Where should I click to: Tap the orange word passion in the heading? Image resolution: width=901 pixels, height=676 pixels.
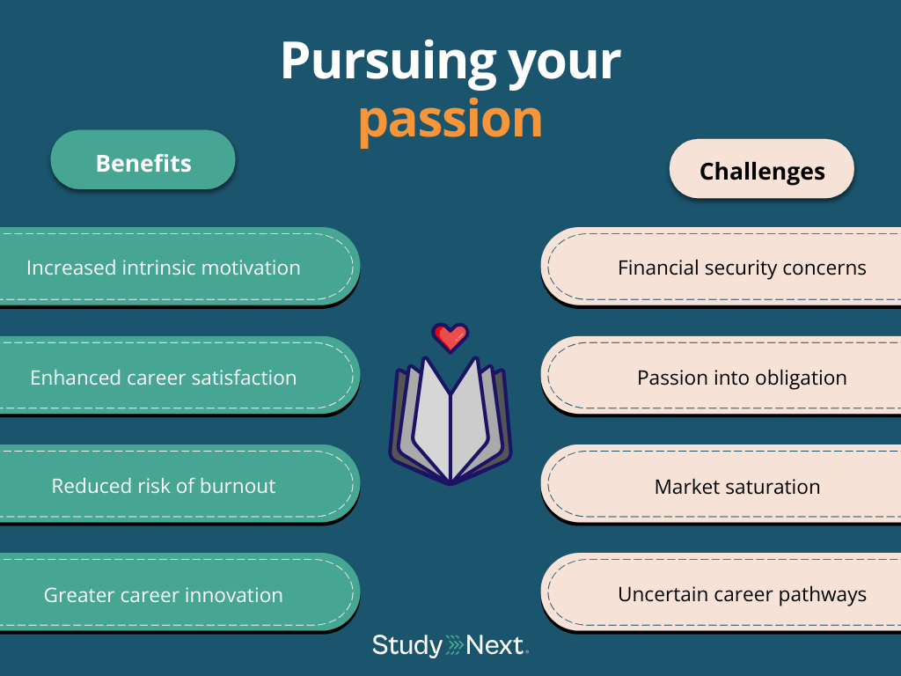click(450, 119)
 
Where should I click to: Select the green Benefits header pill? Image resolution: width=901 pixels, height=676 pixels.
click(143, 163)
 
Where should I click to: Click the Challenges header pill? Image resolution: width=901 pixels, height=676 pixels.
click(762, 171)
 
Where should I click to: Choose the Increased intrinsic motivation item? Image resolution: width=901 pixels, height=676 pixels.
click(164, 268)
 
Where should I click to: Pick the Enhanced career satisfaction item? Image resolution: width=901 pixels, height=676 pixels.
click(164, 378)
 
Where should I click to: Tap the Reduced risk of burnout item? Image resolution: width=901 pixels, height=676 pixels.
click(164, 486)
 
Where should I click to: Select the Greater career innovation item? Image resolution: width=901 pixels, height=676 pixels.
click(164, 595)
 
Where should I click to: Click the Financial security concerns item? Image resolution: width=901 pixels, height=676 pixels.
click(742, 268)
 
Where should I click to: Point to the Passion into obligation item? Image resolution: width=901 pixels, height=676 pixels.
click(742, 378)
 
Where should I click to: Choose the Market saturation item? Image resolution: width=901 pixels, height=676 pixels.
click(737, 487)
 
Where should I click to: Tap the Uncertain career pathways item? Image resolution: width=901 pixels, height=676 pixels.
click(742, 594)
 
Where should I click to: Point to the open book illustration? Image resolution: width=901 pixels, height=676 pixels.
click(450, 418)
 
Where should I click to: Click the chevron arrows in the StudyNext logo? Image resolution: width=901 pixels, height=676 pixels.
click(454, 646)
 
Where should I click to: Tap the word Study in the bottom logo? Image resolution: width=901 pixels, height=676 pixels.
click(407, 646)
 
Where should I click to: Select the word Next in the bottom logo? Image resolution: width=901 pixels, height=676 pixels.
click(494, 646)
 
